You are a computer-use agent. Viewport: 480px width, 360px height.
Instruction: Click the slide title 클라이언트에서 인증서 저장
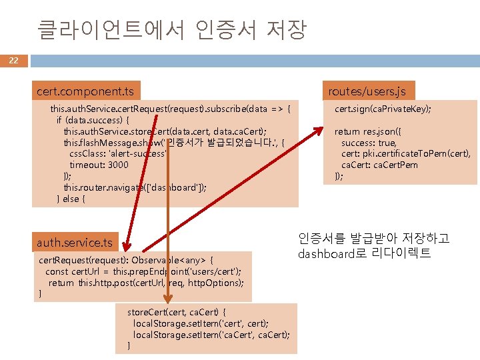(171, 29)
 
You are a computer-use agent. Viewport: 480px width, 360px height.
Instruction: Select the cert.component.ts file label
(85, 91)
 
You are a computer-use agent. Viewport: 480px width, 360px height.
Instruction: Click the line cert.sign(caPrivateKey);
(382, 109)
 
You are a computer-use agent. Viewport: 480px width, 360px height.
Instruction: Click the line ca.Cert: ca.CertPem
(379, 165)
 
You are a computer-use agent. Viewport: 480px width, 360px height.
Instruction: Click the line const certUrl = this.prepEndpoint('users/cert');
(143, 271)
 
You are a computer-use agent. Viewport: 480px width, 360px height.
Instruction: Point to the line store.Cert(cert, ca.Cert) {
(177, 311)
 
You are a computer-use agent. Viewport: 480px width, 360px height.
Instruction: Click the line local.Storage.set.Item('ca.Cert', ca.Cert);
(211, 334)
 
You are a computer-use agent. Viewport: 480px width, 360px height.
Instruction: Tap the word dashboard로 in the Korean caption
(329, 254)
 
